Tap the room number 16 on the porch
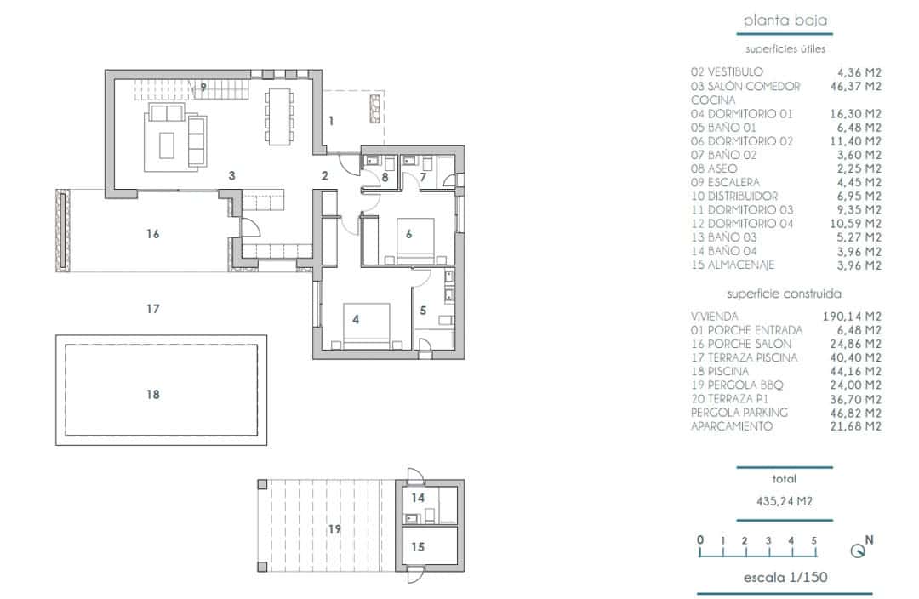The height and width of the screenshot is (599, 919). [x=153, y=233]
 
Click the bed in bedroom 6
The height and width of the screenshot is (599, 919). [x=416, y=239]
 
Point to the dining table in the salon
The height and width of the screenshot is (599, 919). [x=280, y=116]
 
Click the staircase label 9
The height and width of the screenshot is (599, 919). [x=203, y=87]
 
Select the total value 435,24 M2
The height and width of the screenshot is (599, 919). [x=784, y=501]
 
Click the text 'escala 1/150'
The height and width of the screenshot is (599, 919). [x=785, y=578]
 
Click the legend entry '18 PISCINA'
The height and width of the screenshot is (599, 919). [x=720, y=372]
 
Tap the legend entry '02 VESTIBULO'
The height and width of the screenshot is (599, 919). [x=727, y=72]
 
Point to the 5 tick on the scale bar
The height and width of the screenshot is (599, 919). [x=814, y=540]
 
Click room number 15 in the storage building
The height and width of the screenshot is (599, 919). [x=417, y=547]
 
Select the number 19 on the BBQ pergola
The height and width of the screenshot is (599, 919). [x=334, y=529]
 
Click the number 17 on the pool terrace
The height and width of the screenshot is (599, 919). [x=153, y=309]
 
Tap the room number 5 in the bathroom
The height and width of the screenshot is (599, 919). [x=423, y=311]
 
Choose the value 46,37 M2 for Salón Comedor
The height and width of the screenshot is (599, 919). [x=854, y=86]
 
